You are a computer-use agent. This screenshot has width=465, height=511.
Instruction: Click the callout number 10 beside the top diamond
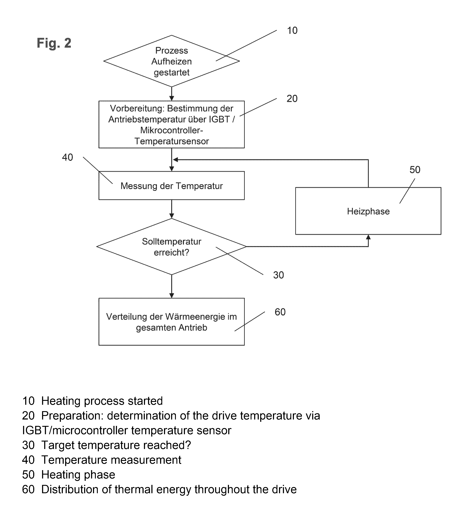pos(292,30)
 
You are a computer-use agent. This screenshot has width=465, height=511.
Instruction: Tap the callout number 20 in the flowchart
pos(292,99)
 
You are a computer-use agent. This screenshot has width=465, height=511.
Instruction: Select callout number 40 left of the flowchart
pos(67,157)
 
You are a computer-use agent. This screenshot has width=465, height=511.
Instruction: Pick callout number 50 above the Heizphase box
pos(415,170)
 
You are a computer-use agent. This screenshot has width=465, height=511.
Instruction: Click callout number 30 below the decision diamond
pos(278,275)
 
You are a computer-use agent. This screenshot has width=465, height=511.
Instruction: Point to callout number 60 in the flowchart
pos(280,312)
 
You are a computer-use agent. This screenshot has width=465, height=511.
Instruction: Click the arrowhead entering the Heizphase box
pos(368,237)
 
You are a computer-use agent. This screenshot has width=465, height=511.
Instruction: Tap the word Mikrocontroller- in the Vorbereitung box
pos(172,130)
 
